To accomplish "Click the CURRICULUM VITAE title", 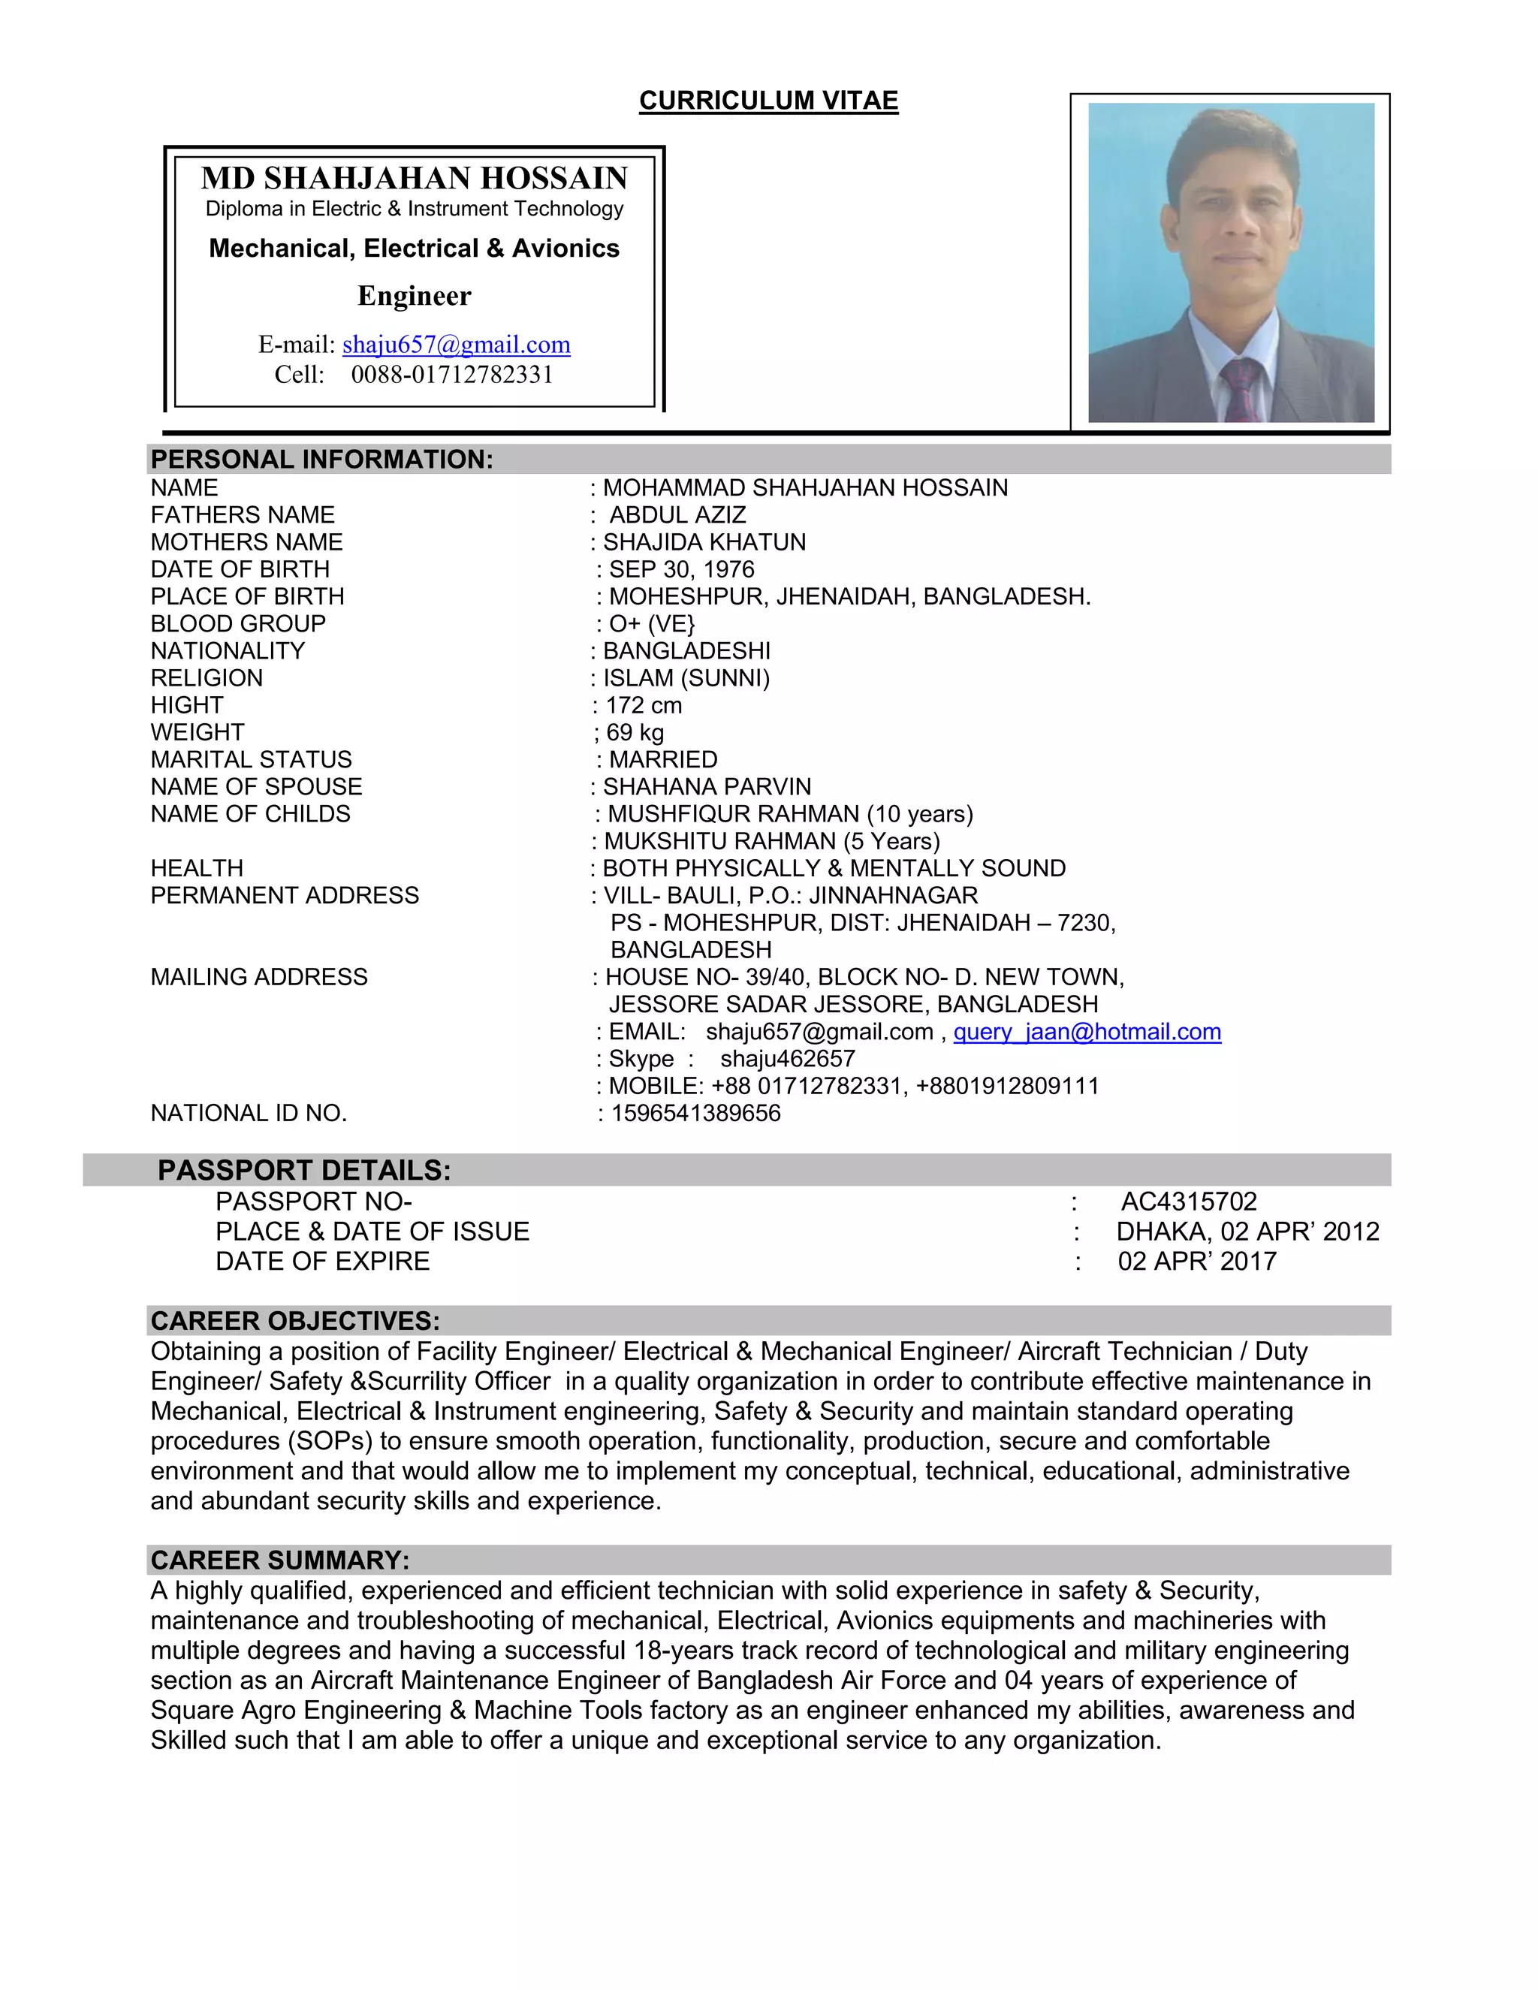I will point(768,100).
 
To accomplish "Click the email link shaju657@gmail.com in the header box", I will point(456,345).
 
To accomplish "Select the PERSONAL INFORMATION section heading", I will point(321,460).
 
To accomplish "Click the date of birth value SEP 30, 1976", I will point(682,569).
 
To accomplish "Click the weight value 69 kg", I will point(635,733).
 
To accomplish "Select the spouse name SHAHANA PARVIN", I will point(706,786).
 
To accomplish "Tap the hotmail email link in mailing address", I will point(1087,1032).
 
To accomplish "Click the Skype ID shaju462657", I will point(787,1059).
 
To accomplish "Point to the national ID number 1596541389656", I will point(695,1114).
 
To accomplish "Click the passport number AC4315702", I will point(1188,1201).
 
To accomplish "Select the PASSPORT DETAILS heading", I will point(304,1170).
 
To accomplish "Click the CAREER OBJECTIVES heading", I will point(295,1320).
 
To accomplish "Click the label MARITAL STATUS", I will point(251,760).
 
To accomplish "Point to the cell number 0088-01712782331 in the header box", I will point(452,375).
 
